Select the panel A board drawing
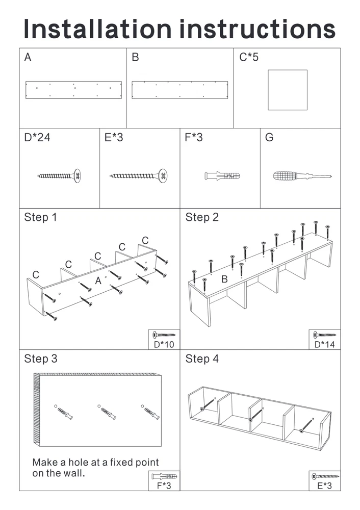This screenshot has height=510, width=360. (73, 90)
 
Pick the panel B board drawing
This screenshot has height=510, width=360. (180, 90)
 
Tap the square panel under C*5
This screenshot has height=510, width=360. (288, 90)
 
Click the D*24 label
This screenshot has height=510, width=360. (37, 137)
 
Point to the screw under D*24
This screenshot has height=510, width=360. (60, 176)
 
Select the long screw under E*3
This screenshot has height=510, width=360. (139, 176)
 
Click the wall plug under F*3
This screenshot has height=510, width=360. (222, 176)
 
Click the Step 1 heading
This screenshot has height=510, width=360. (41, 218)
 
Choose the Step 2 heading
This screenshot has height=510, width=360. (202, 218)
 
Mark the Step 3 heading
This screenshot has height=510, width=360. (41, 359)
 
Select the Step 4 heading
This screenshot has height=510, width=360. (202, 359)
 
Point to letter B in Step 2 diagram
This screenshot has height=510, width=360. (224, 279)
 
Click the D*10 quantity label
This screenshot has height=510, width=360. (164, 344)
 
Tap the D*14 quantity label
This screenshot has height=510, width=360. (324, 344)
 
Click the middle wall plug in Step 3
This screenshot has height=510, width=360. (106, 412)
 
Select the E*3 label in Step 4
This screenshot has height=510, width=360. (324, 486)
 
